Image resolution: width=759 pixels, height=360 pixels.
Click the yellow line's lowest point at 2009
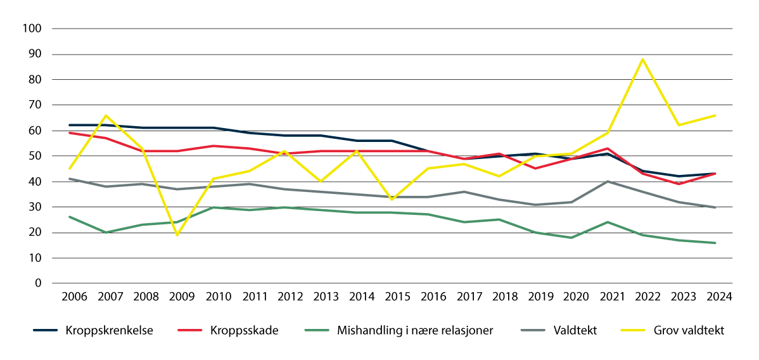click(x=177, y=235)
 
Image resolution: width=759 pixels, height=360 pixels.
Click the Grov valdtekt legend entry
click(x=690, y=330)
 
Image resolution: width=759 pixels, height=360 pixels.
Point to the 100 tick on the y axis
click(x=32, y=29)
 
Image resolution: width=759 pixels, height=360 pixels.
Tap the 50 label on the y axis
click(x=35, y=156)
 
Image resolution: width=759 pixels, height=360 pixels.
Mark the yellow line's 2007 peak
click(x=106, y=115)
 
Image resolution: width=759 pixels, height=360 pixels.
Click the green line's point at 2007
click(x=106, y=233)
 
